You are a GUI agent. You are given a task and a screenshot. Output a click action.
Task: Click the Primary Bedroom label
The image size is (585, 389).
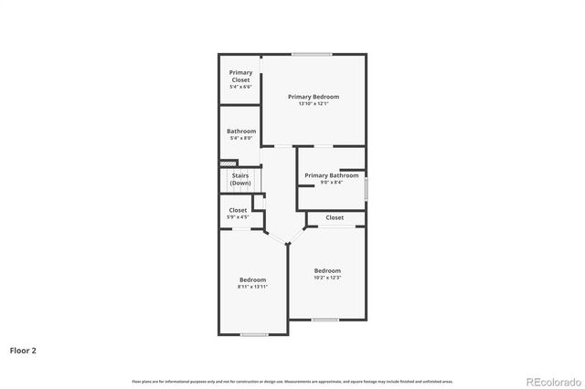coord(314,97)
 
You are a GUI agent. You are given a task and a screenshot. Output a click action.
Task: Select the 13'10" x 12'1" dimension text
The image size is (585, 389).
coord(314,104)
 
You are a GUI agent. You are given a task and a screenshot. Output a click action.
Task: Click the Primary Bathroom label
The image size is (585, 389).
coord(331,175)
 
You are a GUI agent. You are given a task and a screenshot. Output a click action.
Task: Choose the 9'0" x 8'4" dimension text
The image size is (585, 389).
coord(331,183)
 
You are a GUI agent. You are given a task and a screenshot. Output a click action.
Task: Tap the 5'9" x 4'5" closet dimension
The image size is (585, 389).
coord(238,217)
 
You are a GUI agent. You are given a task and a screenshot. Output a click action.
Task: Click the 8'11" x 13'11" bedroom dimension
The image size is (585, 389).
coord(252,287)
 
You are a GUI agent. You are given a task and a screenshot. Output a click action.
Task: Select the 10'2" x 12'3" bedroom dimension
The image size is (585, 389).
coord(327,278)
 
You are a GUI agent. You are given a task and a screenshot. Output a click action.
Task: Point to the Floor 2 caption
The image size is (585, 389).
coord(23,350)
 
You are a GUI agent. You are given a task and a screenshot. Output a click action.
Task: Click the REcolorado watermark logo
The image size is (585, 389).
coord(552,381)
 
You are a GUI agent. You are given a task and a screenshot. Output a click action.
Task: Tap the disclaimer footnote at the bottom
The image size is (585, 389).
coord(292,381)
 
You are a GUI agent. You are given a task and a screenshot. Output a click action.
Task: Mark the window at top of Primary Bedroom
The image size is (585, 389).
coord(313,54)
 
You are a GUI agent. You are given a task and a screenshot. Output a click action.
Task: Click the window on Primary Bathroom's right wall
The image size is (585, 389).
coord(366,189)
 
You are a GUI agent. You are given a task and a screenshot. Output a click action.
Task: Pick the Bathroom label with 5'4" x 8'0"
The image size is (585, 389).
coord(241,131)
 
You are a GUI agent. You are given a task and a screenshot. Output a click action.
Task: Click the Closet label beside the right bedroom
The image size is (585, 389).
coord(335,217)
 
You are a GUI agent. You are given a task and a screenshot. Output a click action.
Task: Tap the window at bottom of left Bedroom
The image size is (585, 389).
coord(254,334)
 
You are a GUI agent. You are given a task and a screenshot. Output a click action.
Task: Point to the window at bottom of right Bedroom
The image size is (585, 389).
coord(324,319)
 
